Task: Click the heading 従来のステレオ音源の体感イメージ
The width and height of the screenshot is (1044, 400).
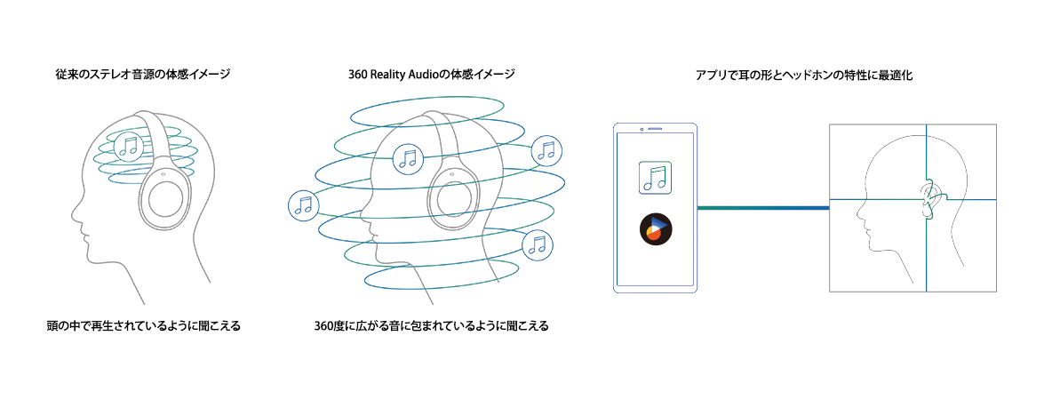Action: point(142,75)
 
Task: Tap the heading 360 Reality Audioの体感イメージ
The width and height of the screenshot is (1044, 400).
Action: point(431,75)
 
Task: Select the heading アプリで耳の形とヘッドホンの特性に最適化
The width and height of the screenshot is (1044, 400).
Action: point(803,76)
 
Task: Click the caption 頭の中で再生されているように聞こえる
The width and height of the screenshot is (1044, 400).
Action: point(143,326)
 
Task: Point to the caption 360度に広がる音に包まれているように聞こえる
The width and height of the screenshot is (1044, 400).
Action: point(431,326)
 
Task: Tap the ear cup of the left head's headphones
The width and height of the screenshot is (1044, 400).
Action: point(169,196)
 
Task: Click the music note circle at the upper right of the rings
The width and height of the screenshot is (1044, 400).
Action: point(546,151)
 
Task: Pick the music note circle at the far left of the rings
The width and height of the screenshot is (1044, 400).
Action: point(303,205)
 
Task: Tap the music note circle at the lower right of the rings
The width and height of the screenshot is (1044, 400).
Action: point(537,244)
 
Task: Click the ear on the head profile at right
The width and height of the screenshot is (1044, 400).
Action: point(929,197)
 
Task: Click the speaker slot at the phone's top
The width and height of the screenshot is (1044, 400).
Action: point(656,130)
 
